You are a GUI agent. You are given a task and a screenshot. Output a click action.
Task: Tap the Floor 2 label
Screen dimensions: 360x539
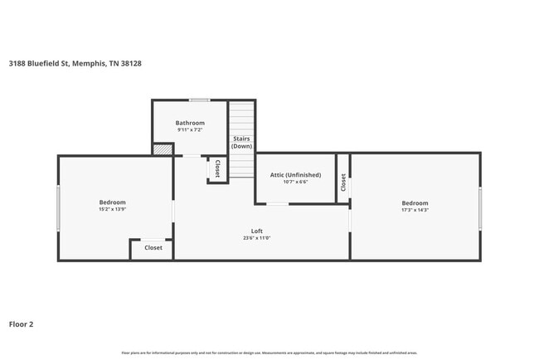(x=21, y=324)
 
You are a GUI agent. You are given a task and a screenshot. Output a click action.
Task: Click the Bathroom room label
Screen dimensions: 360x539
(x=189, y=123)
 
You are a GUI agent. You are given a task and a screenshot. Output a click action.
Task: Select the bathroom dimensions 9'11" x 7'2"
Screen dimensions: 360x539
(x=189, y=130)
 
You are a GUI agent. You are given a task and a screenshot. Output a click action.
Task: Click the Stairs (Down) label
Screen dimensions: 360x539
(x=241, y=142)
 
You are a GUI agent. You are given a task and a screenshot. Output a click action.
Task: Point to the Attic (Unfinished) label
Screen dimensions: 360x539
(x=295, y=175)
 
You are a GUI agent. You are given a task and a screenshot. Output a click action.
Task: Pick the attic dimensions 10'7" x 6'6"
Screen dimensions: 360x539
(x=295, y=182)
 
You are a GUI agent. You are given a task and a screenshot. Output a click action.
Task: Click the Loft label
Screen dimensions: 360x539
(x=258, y=231)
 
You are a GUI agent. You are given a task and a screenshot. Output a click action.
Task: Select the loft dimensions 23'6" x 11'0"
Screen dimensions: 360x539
(x=258, y=238)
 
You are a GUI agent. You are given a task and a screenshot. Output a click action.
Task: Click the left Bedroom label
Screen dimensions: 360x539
(x=112, y=202)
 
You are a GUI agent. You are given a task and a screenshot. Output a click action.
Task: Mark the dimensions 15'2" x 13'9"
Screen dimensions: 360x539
(x=112, y=210)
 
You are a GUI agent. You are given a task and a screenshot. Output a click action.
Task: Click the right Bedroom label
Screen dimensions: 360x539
(x=415, y=203)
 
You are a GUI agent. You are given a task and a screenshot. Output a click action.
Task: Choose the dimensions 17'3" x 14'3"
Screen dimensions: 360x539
(x=415, y=211)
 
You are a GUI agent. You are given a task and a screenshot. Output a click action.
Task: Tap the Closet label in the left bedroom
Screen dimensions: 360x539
(x=153, y=248)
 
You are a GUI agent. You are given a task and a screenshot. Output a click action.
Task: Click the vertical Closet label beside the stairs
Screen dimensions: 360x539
(x=217, y=168)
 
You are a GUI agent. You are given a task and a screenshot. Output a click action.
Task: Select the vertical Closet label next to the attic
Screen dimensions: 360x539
(x=342, y=182)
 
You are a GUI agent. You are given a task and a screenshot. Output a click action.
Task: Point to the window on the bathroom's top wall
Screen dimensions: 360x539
(x=198, y=100)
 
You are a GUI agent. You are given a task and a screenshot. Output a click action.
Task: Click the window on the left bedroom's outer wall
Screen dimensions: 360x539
(x=57, y=207)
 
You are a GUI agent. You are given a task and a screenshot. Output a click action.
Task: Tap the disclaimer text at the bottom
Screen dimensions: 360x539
(x=269, y=353)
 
